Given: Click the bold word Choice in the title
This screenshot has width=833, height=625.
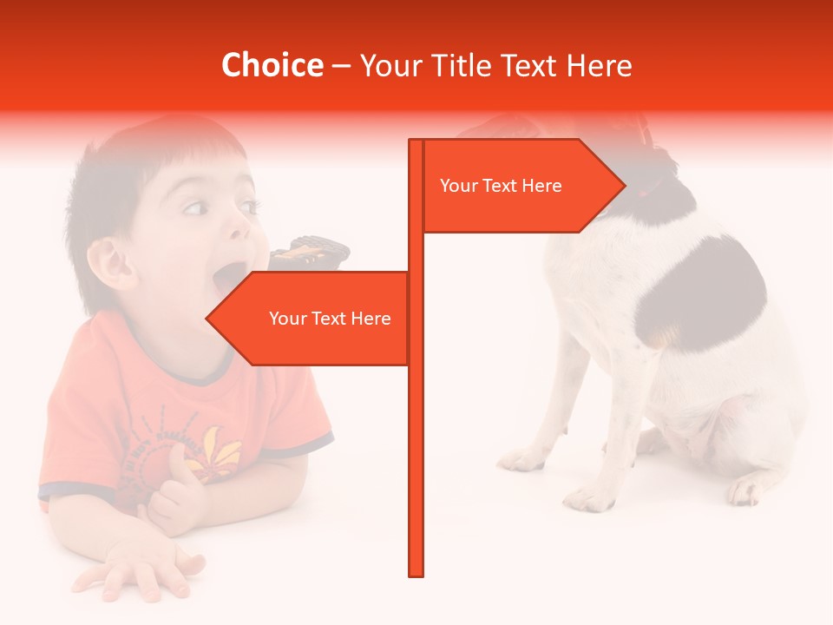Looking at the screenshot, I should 272,65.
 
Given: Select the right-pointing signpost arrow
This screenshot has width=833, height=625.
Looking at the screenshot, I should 521,186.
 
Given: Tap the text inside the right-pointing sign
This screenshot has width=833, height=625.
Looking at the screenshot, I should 501,186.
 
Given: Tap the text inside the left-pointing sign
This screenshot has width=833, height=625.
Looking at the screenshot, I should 330,319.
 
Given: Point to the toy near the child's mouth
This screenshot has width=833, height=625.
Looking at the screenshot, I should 309,253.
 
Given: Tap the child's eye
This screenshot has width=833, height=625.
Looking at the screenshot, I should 195,207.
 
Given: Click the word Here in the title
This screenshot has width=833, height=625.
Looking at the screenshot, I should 600,65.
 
